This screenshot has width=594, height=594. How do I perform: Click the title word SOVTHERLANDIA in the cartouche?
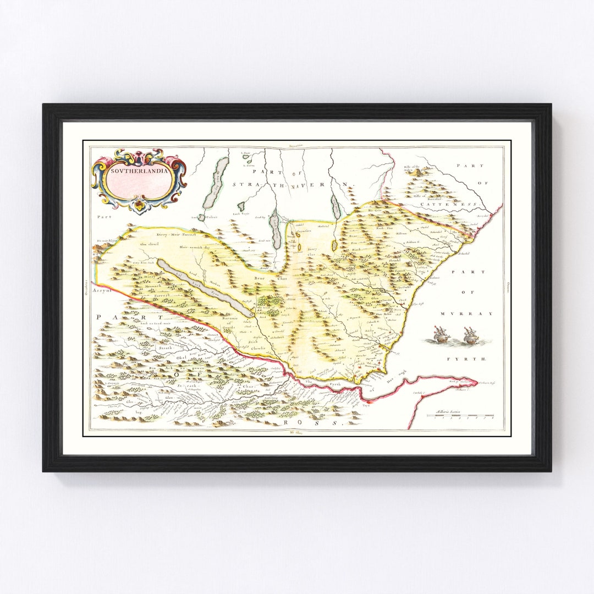[139, 170]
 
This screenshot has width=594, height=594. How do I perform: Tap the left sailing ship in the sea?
[441, 334]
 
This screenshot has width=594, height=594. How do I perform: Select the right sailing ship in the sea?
[470, 335]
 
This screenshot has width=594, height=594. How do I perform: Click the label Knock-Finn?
[384, 228]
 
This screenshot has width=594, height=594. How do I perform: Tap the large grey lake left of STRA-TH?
[215, 183]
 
